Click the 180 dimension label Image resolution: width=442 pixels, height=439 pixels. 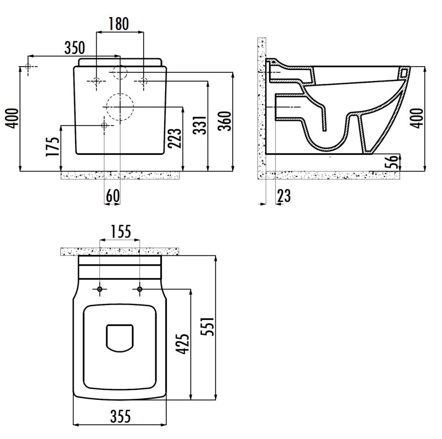point(119,24)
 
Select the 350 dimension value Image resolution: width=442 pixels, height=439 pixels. point(75,47)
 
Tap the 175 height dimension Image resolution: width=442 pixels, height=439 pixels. point(52,146)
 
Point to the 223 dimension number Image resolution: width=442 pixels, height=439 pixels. point(175,138)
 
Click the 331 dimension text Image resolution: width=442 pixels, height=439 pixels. point(200,125)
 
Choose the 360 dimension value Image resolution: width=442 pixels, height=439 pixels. point(225,121)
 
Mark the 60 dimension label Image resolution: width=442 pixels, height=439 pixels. point(113,196)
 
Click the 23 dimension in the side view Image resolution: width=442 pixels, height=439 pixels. point(284,196)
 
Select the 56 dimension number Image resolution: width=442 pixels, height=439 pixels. point(393,162)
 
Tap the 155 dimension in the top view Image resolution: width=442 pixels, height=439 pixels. point(120,232)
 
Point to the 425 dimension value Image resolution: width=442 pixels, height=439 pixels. point(182,344)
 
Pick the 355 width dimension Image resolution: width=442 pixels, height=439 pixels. point(120,416)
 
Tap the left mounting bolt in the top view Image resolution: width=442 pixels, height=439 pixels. point(99,289)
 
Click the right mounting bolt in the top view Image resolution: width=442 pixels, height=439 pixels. point(140,289)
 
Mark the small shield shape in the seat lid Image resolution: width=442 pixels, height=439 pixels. point(119,338)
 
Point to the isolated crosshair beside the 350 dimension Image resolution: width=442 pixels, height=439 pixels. point(28,66)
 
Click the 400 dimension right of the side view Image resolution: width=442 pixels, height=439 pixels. point(419,119)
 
